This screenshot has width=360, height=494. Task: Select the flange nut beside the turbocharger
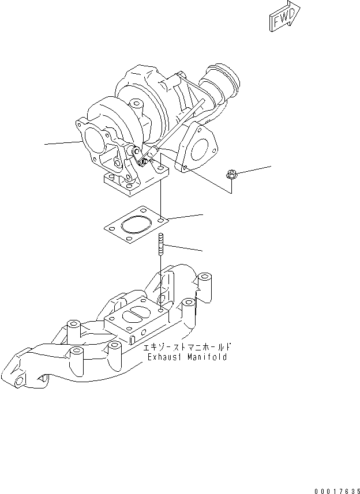pos(231,174)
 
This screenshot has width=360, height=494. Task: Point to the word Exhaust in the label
pos(165,357)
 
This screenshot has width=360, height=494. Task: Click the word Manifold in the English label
pos(206,357)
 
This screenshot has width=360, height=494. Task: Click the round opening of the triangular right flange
pos(199,148)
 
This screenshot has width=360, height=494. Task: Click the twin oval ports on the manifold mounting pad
pos(136,318)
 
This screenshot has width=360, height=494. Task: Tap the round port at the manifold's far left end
pos(19,381)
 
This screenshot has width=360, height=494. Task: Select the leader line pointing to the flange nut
pos(254,169)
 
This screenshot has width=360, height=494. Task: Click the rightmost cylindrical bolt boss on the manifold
pos(205,283)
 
